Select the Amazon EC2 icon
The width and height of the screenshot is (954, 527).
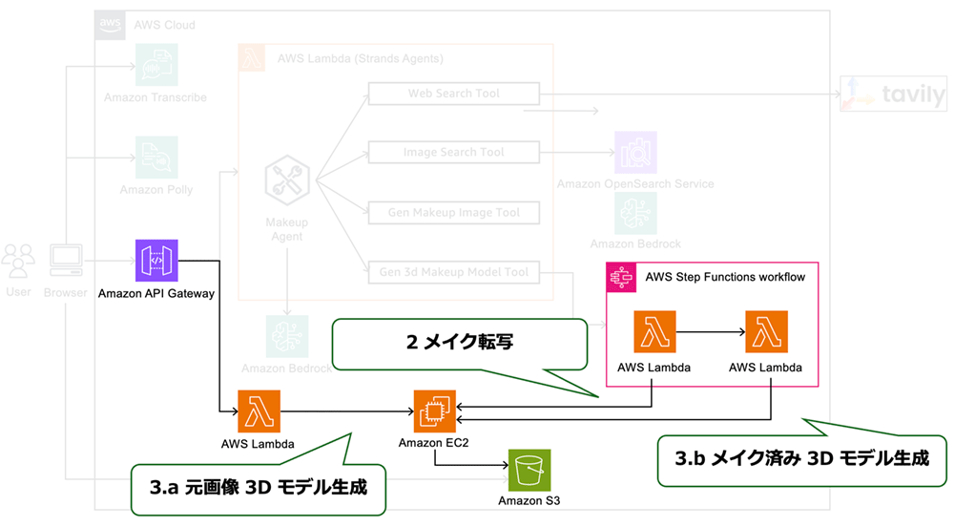tap(434, 411)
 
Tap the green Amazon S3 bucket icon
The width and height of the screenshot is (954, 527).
tap(529, 470)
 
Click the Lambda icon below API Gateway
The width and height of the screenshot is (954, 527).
tap(258, 411)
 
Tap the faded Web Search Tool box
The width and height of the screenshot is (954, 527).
tap(453, 94)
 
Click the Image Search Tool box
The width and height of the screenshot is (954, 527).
tap(453, 153)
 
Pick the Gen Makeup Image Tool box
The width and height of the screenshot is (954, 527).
tap(453, 212)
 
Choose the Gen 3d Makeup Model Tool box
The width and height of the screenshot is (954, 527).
tap(453, 272)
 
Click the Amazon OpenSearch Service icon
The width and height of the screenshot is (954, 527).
tap(635, 153)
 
